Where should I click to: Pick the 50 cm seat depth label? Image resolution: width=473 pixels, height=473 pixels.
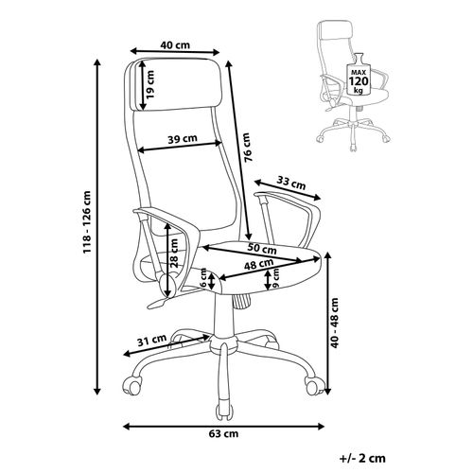click(x=262, y=249)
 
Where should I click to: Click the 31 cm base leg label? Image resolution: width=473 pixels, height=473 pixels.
click(x=152, y=338)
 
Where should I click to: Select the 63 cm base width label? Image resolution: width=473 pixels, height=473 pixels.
click(x=223, y=434)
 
